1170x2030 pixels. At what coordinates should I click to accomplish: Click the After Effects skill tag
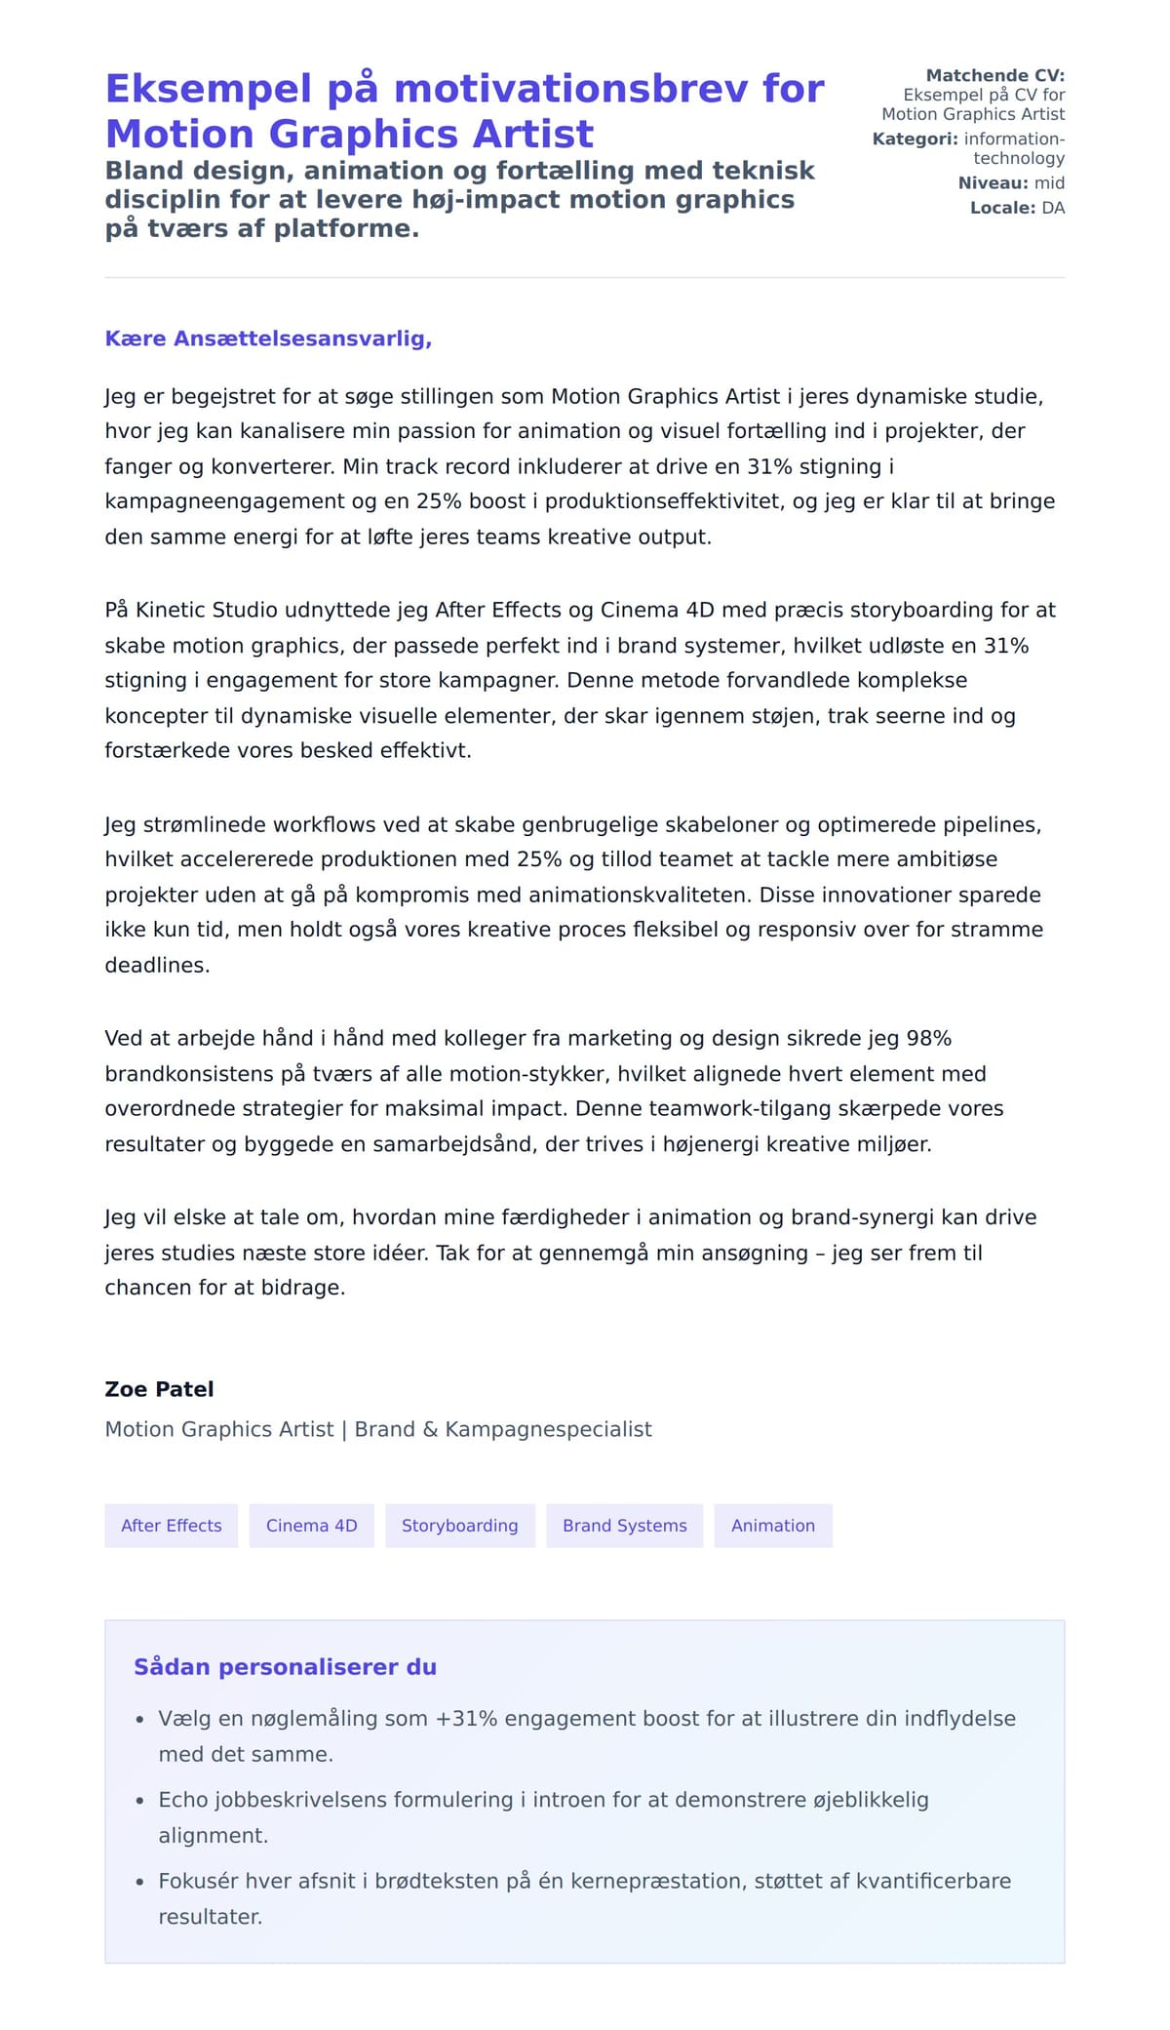click(x=171, y=1525)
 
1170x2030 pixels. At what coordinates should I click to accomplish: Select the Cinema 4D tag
click(x=311, y=1525)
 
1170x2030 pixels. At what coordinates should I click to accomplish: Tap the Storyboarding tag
click(x=459, y=1525)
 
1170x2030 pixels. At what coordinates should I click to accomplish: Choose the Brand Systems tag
click(x=624, y=1525)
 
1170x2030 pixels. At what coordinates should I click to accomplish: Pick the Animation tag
click(x=772, y=1525)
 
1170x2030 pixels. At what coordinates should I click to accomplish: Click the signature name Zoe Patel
click(x=159, y=1388)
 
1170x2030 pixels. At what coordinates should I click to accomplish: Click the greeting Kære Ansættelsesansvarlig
click(x=268, y=338)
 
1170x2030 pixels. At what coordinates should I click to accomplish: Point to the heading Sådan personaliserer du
click(x=285, y=1666)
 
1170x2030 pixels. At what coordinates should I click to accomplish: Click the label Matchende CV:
click(x=994, y=75)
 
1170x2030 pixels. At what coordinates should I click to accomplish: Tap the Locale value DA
click(x=1053, y=208)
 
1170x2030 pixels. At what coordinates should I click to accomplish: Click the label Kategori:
click(x=915, y=139)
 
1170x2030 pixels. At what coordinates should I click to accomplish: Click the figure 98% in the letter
click(x=928, y=1038)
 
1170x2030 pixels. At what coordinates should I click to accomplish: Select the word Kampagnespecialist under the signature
click(x=548, y=1429)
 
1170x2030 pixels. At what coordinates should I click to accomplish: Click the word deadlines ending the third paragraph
click(x=156, y=965)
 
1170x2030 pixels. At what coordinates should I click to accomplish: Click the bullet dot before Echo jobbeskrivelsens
click(x=139, y=1801)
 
